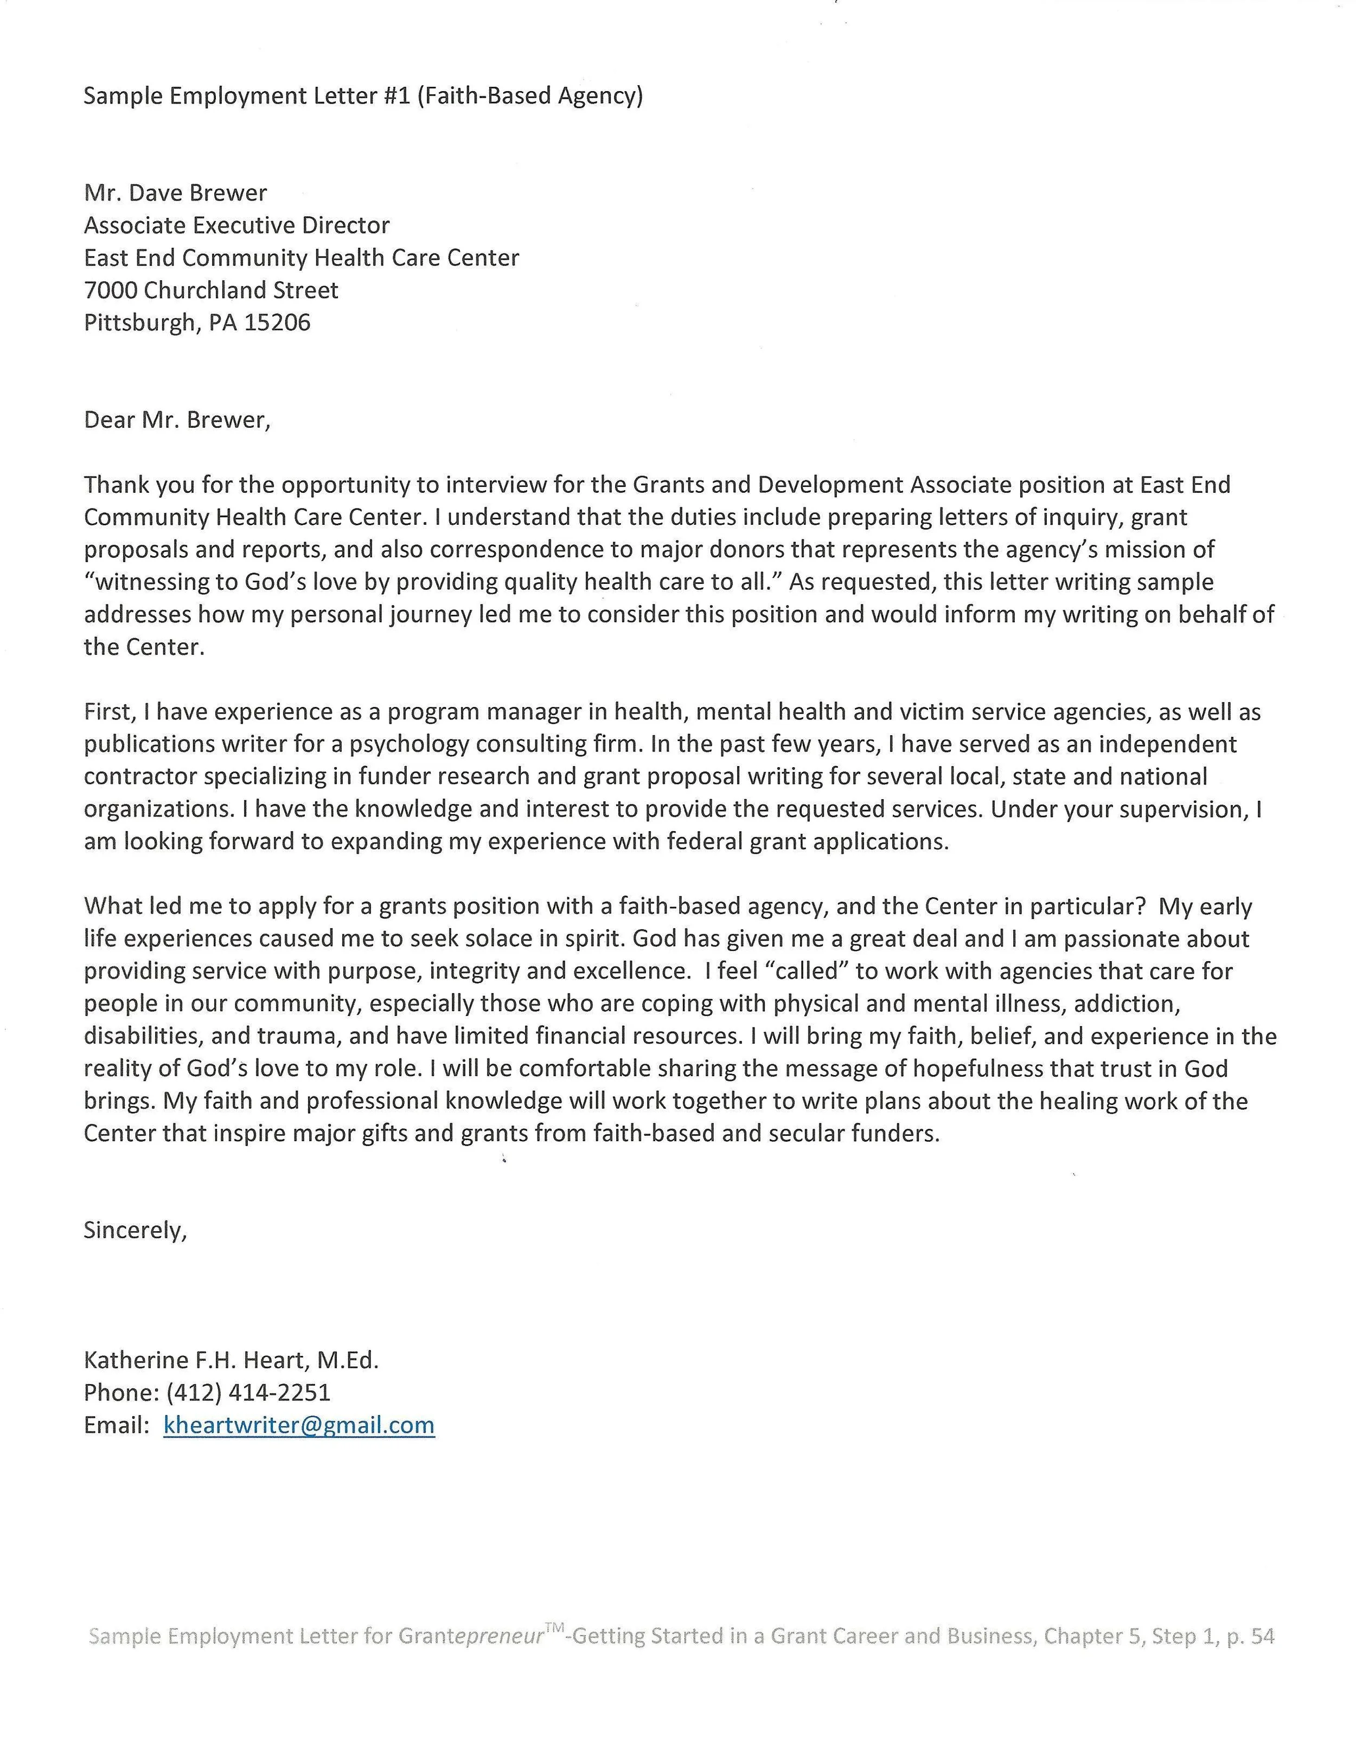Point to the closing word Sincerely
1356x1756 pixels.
pyautogui.click(x=135, y=1230)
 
